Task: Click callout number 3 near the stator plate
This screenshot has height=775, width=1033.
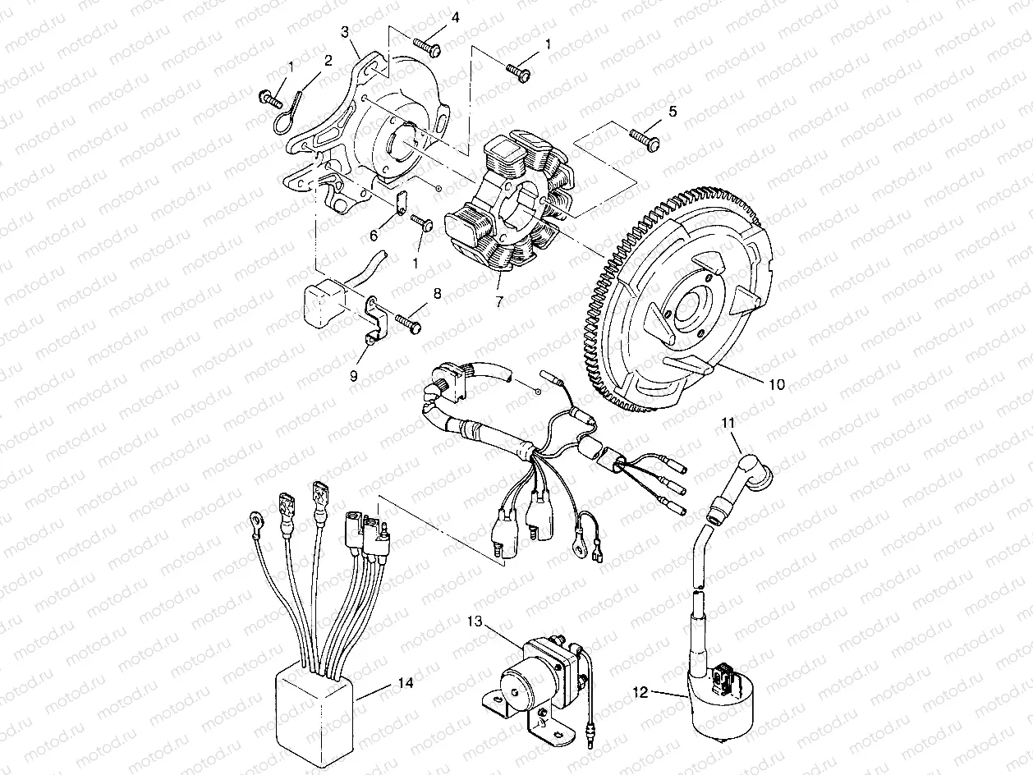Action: (x=346, y=32)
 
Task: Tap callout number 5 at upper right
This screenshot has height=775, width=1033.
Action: (x=673, y=111)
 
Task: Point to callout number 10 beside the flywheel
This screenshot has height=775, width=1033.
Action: (x=776, y=383)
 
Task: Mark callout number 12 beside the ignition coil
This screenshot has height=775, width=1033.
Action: (x=643, y=693)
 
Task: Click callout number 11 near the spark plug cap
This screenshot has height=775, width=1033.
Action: (x=728, y=424)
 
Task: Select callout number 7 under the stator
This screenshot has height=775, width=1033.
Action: (x=498, y=302)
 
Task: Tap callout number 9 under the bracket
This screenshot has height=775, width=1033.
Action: (x=354, y=375)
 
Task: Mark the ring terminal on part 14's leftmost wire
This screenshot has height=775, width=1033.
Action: (x=255, y=519)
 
